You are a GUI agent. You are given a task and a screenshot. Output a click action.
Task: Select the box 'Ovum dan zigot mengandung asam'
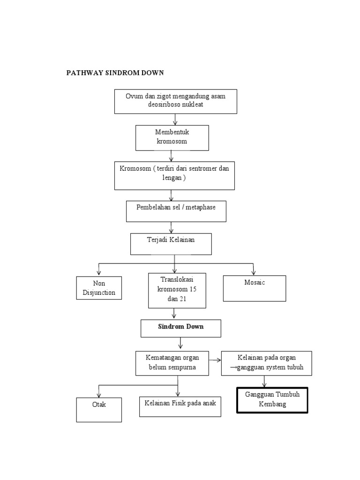click(x=176, y=101)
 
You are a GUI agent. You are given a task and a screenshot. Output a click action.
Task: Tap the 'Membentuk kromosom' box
click(x=172, y=137)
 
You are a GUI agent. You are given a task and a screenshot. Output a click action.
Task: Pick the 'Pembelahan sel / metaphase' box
click(x=176, y=211)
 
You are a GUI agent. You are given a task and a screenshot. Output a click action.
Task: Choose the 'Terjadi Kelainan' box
click(x=171, y=244)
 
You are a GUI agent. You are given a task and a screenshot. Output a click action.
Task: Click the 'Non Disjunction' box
click(x=99, y=288)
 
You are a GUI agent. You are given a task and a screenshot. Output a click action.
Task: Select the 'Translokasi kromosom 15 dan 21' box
click(x=177, y=290)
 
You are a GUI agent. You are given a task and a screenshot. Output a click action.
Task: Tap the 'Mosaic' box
click(x=255, y=288)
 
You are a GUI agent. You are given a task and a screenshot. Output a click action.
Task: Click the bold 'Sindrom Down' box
click(x=180, y=328)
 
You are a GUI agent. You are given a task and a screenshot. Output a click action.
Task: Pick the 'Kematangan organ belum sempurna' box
click(x=172, y=363)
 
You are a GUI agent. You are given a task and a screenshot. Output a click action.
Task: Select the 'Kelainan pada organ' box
click(x=265, y=363)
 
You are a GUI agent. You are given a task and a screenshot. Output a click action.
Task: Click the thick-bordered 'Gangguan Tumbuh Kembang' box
click(x=272, y=400)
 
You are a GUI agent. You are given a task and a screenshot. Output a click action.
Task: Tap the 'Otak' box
click(x=99, y=410)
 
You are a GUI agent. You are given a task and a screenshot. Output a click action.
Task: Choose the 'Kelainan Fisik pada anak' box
click(x=180, y=406)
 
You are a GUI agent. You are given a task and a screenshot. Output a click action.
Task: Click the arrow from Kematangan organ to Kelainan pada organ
click(x=215, y=360)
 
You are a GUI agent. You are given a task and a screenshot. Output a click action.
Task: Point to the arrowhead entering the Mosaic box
click(x=254, y=273)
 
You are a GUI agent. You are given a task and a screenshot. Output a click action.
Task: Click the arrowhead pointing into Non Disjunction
click(x=99, y=273)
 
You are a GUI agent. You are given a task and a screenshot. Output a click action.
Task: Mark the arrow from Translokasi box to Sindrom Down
click(x=174, y=314)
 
